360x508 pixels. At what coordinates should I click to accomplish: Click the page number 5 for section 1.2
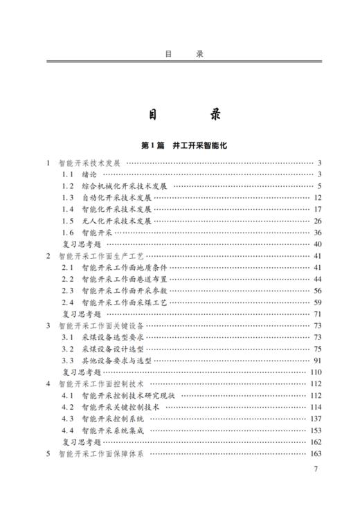point(320,186)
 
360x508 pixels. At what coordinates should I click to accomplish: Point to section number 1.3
point(67,198)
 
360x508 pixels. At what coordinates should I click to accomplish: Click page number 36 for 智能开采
point(318,233)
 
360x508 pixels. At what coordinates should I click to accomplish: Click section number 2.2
point(67,279)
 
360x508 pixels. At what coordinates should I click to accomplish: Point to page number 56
point(318,291)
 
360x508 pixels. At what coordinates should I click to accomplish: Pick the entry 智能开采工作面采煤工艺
point(125,302)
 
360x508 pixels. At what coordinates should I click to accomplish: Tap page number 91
point(318,361)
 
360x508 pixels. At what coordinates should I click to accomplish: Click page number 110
point(316,372)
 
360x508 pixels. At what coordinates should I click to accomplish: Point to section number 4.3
point(67,419)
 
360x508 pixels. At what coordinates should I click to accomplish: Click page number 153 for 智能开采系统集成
point(316,430)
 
